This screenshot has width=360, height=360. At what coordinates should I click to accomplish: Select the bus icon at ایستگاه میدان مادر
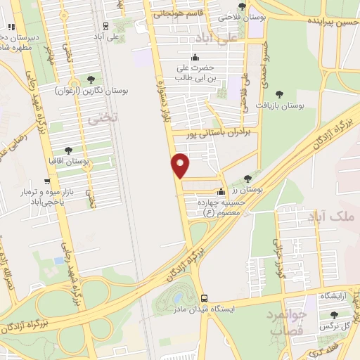click(204, 298)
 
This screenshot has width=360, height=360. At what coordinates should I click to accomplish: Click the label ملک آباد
click(331, 218)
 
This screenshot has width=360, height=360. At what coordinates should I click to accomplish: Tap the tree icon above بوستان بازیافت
click(279, 94)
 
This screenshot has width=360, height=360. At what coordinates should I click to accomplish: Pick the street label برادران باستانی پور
click(220, 131)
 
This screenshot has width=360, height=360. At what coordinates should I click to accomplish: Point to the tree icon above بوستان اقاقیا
click(68, 150)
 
